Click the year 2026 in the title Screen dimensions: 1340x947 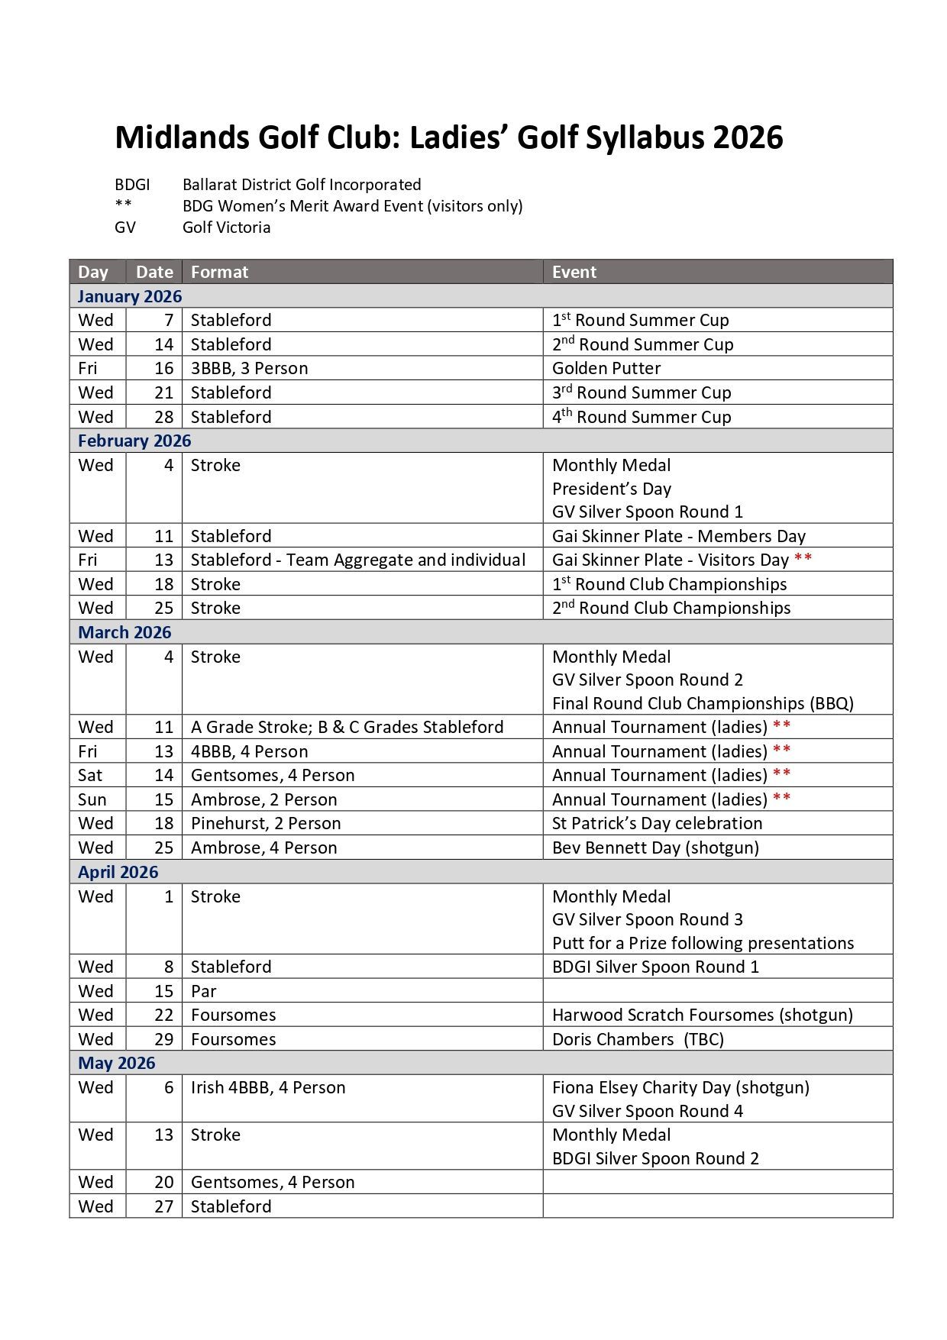point(748,138)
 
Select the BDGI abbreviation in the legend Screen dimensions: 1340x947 point(132,185)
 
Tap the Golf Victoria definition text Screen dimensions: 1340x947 point(226,228)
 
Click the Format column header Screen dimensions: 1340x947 point(219,273)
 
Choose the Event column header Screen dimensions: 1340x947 point(574,273)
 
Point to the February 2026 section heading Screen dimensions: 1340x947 point(134,441)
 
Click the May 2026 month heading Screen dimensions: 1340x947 point(116,1064)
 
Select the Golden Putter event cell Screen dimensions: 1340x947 point(606,369)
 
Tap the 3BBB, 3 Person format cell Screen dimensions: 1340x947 point(249,369)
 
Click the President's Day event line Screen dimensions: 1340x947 point(611,489)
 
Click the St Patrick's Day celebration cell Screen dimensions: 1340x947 point(657,824)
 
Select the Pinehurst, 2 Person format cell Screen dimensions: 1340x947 point(266,824)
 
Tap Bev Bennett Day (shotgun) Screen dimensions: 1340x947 point(655,848)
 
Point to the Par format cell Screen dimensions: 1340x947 point(204,992)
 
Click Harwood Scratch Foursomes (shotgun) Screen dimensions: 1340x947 point(702,1015)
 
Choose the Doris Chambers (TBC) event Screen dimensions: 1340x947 point(638,1040)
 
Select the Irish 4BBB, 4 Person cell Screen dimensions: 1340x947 point(268,1088)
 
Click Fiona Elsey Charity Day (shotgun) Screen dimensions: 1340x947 point(680,1088)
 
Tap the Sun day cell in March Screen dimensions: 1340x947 point(92,800)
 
